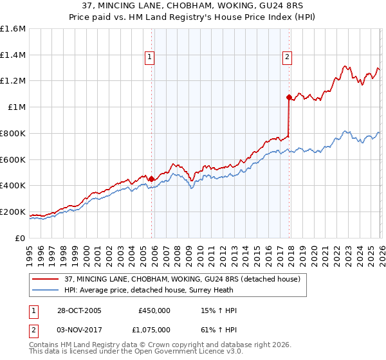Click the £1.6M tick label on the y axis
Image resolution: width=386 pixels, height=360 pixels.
13,29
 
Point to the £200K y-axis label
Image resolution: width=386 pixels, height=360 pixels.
13,212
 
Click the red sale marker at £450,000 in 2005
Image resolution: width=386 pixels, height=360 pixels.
151,179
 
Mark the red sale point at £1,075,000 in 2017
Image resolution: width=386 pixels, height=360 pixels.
288,98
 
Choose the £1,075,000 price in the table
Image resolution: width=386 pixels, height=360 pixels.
154,330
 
